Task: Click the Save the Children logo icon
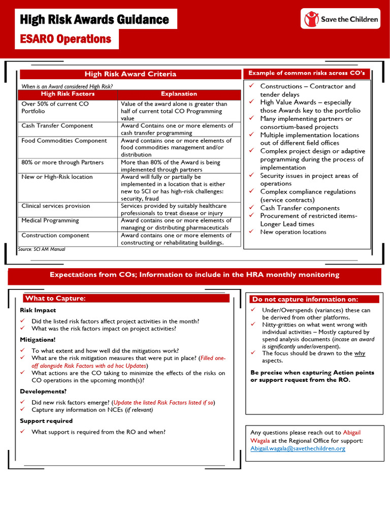tap(311, 19)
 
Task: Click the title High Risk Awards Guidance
tap(94, 20)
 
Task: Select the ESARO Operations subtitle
tap(66, 39)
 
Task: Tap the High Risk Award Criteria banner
tap(130, 74)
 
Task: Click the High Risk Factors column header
tap(68, 94)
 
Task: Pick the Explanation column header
tap(179, 94)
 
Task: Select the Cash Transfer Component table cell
tap(57, 126)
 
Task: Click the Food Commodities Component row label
tap(64, 141)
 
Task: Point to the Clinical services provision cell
tap(55, 206)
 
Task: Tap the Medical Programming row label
tap(50, 220)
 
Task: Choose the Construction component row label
tap(55, 236)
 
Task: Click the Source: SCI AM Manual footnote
tap(41, 249)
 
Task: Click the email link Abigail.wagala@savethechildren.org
tap(298, 448)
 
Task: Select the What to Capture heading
tap(55, 299)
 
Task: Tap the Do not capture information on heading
tap(305, 299)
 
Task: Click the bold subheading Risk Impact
tap(38, 310)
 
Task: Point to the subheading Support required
tap(46, 421)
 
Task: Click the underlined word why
tap(360, 353)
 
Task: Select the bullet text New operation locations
tap(293, 232)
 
